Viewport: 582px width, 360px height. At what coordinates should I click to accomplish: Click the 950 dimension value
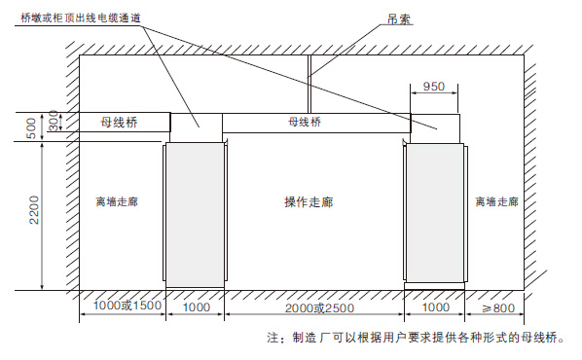pos(434,87)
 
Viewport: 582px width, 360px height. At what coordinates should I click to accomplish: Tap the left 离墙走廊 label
pos(118,202)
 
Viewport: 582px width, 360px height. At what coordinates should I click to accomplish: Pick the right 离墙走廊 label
pos(496,202)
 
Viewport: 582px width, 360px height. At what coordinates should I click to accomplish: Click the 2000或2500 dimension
pos(314,308)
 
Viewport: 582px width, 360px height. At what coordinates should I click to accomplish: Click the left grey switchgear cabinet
pos(196,214)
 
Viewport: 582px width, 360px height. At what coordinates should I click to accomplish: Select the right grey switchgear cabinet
pos(436,214)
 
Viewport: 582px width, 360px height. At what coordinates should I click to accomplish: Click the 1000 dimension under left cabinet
pos(197,308)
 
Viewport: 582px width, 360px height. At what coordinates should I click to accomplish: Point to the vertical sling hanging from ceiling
pos(309,83)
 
